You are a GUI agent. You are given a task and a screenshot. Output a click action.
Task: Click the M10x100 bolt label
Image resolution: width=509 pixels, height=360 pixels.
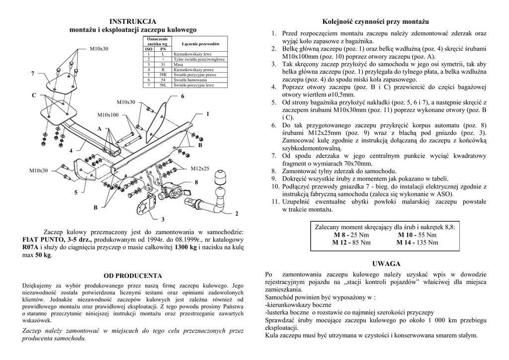click(x=108, y=115)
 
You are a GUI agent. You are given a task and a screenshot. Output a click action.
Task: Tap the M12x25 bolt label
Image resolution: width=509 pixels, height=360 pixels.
click(x=200, y=168)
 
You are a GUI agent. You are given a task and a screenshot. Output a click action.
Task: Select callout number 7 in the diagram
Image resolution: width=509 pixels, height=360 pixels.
click(x=33, y=74)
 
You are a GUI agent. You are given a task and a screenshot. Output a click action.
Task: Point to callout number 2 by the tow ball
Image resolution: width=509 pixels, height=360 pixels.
click(x=237, y=213)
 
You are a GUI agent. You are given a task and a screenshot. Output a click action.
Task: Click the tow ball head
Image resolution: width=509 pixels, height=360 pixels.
click(x=219, y=178)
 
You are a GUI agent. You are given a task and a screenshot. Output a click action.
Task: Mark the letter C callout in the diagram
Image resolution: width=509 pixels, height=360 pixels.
click(x=34, y=95)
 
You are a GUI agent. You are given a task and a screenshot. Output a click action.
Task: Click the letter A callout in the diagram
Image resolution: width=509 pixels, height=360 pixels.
click(x=99, y=129)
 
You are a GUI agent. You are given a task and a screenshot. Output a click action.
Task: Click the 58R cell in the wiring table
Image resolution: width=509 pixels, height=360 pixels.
click(x=163, y=75)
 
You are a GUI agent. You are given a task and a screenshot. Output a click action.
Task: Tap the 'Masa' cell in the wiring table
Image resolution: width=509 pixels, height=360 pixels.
click(x=177, y=64)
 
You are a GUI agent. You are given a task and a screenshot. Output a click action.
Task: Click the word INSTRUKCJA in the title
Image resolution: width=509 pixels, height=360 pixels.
click(x=133, y=21)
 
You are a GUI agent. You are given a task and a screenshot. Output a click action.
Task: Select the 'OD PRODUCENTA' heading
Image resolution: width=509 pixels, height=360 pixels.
click(x=133, y=275)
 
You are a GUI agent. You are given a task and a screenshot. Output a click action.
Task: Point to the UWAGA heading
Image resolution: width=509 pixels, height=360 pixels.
click(x=386, y=264)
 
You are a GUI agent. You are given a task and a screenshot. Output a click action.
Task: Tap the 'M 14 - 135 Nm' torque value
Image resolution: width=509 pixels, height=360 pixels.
click(x=417, y=243)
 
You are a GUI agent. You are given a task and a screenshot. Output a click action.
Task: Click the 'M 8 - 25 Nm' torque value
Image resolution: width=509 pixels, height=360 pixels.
click(x=351, y=235)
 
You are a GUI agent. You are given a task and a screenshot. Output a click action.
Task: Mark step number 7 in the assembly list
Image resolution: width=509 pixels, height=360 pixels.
click(x=273, y=156)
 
